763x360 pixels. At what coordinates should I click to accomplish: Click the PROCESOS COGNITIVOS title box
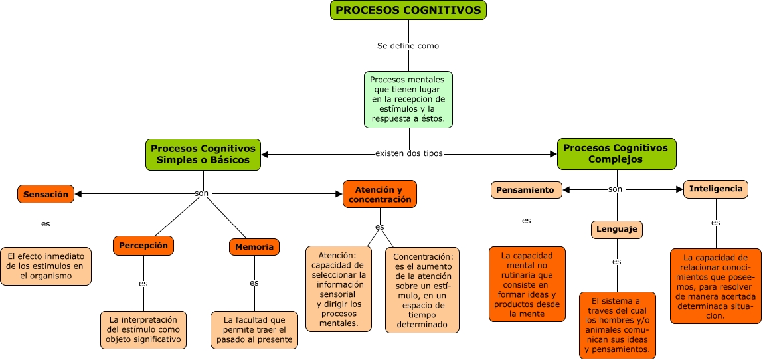pos(408,10)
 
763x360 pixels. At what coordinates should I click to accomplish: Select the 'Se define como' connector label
pos(408,46)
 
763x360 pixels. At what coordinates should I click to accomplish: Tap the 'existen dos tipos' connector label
pos(408,153)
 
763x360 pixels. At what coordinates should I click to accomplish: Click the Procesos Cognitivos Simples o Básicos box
pos(203,154)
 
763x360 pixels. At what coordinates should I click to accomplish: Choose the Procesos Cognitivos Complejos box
pos(616,153)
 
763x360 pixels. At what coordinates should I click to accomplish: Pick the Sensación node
pos(46,194)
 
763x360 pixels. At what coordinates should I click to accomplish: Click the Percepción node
pos(143,245)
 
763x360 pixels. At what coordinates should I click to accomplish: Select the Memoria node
pos(254,247)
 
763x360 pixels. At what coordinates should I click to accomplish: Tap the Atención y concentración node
pos(379,194)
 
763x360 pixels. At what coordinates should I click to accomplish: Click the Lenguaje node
pos(617,230)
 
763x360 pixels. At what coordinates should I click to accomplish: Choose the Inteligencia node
pos(715,189)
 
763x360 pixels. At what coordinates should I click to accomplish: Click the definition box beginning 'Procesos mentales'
pos(408,100)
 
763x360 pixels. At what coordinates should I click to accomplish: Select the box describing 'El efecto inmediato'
pos(46,266)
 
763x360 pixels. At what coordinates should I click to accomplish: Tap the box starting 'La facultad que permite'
pos(254,329)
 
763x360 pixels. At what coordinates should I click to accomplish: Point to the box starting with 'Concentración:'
pos(423,290)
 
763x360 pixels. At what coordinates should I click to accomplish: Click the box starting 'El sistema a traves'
pos(617,325)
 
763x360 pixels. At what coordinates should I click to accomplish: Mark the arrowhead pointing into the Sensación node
pos(78,194)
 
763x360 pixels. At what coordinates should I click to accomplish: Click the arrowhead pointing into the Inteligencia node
pos(679,189)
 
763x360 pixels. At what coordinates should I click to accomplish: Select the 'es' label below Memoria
pos(254,282)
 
